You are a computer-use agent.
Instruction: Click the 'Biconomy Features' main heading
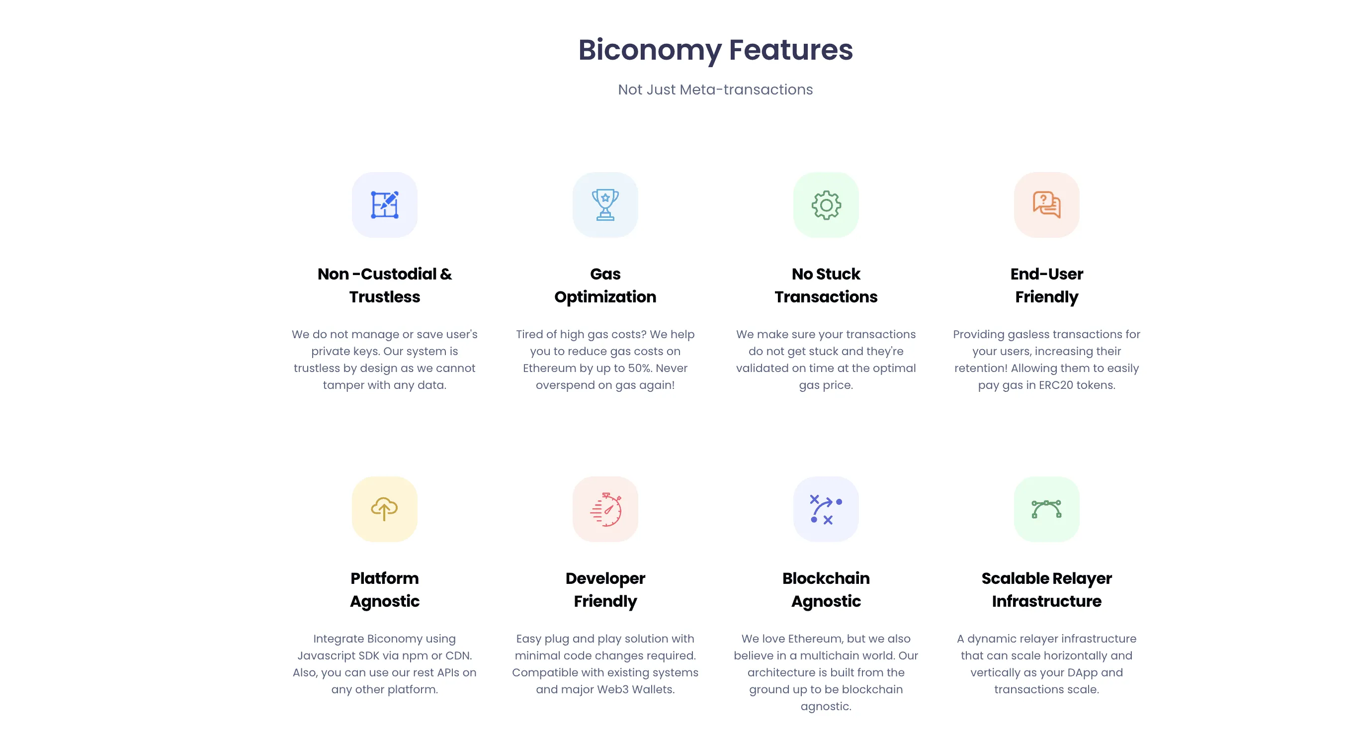point(715,50)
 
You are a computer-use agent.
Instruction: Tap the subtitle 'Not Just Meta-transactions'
point(715,90)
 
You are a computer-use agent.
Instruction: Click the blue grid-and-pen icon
point(384,205)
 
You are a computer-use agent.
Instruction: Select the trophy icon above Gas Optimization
point(605,205)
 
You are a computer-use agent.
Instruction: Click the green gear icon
point(826,205)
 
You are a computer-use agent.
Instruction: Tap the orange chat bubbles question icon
point(1046,205)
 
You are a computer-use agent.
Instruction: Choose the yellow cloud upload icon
point(384,509)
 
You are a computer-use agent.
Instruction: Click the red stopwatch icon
point(605,509)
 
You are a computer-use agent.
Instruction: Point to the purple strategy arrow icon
point(826,509)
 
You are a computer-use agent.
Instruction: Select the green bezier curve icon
point(1046,509)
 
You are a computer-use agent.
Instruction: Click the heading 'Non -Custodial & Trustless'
point(384,285)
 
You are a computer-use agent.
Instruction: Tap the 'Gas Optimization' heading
point(605,285)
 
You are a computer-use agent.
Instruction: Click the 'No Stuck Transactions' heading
point(826,285)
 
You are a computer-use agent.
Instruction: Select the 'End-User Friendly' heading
point(1046,285)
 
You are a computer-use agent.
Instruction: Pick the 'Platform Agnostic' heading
point(384,589)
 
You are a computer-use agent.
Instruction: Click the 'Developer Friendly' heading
point(605,589)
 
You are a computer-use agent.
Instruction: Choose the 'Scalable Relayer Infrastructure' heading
point(1046,589)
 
